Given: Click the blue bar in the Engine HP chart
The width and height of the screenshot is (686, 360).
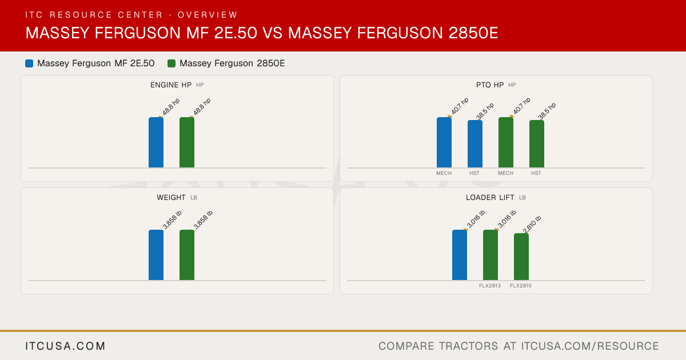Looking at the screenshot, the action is [x=156, y=142].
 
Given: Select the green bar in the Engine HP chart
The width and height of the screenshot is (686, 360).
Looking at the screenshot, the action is [x=187, y=142].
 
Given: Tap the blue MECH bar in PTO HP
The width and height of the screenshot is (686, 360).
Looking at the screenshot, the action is [x=444, y=142].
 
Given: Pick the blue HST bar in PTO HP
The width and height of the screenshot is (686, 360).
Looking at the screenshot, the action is [x=475, y=144].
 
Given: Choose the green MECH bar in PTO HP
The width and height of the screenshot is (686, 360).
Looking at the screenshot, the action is [x=506, y=142].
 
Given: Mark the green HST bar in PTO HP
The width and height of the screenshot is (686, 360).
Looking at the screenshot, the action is [x=537, y=144].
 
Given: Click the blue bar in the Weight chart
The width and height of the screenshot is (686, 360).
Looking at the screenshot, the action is [x=156, y=255].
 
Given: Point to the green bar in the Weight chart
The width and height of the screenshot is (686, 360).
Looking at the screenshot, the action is [x=187, y=255].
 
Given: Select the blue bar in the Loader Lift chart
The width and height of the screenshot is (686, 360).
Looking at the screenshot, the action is [x=460, y=255].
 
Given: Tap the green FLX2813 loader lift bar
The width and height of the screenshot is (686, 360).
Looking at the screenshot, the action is [x=490, y=255].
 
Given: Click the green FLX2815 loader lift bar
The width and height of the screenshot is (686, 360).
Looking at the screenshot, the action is [x=521, y=257].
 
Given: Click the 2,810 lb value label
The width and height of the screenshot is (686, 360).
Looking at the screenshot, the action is [x=532, y=225].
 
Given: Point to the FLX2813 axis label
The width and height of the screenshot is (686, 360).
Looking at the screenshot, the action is [x=490, y=286].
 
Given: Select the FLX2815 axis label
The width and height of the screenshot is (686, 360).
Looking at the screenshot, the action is [x=521, y=286].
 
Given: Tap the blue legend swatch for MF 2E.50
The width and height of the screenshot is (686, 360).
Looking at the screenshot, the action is [x=29, y=63].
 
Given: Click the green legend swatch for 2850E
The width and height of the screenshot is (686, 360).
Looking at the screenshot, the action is [x=171, y=63].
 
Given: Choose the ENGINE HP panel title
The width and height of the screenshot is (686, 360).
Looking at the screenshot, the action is [x=171, y=85].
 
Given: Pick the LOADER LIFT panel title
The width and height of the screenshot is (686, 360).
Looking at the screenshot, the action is [x=490, y=198].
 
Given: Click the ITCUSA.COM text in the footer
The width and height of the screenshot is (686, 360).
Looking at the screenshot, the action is [x=65, y=346].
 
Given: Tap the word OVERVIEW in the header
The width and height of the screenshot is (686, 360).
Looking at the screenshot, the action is [x=208, y=15].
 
